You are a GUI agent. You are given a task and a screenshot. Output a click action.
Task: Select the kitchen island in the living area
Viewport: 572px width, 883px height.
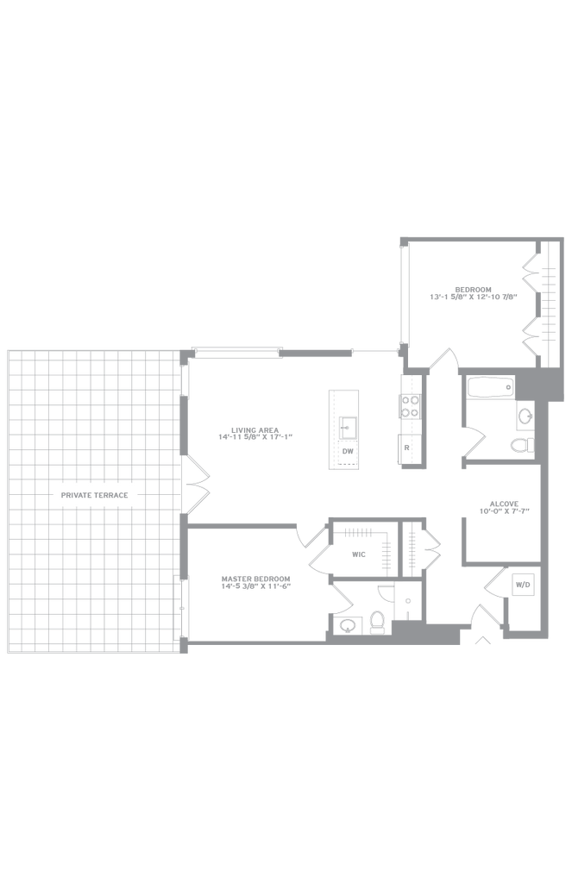tap(343, 429)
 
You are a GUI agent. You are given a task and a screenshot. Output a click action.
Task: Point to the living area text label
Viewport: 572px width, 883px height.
tap(255, 433)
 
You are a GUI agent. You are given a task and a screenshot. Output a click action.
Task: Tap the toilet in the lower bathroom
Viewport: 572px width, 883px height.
tap(377, 619)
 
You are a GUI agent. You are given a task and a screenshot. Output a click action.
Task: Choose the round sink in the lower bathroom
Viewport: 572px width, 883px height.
tap(349, 623)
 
